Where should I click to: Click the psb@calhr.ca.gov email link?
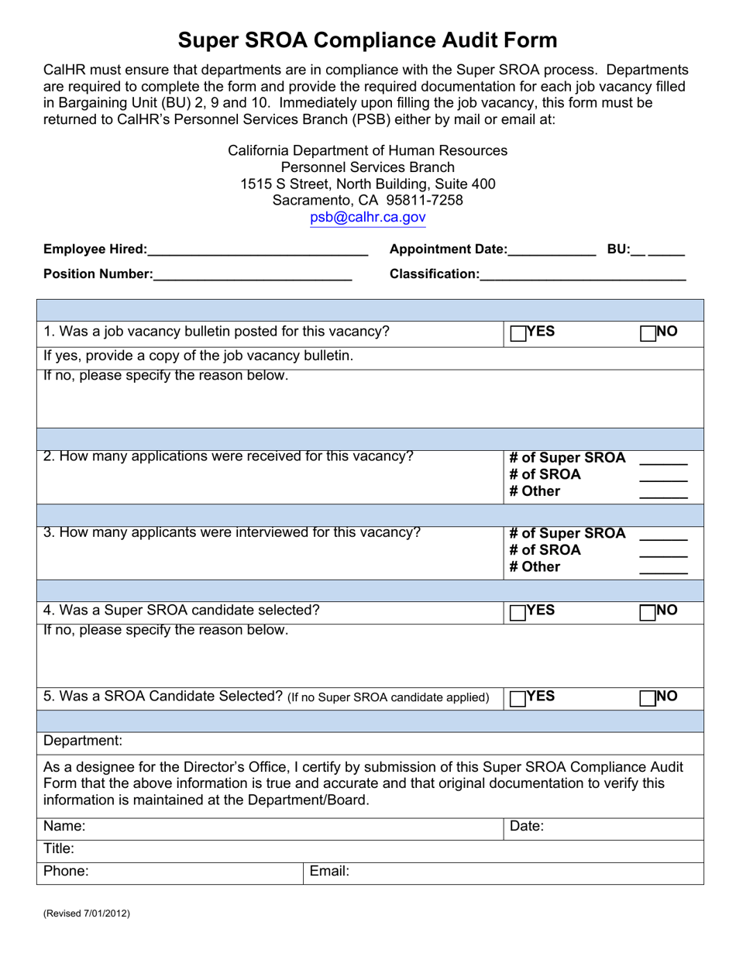pyautogui.click(x=368, y=218)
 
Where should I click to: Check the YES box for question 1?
pyautogui.click(x=518, y=333)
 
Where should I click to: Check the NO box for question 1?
pyautogui.click(x=648, y=333)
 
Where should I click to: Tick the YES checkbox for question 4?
pyautogui.click(x=518, y=612)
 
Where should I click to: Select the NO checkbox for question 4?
pyautogui.click(x=648, y=612)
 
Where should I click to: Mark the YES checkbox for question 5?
pyautogui.click(x=518, y=698)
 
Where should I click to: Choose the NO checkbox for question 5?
pyautogui.click(x=648, y=698)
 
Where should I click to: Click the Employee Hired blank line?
pyautogui.click(x=257, y=251)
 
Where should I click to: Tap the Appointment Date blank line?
pyautogui.click(x=552, y=251)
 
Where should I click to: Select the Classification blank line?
pyautogui.click(x=583, y=276)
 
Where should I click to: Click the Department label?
pyautogui.click(x=83, y=741)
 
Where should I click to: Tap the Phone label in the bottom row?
pyautogui.click(x=66, y=871)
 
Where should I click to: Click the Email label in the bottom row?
pyautogui.click(x=330, y=871)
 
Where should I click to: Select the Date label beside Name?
pyautogui.click(x=527, y=826)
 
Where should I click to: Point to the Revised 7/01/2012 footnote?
pyautogui.click(x=87, y=913)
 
